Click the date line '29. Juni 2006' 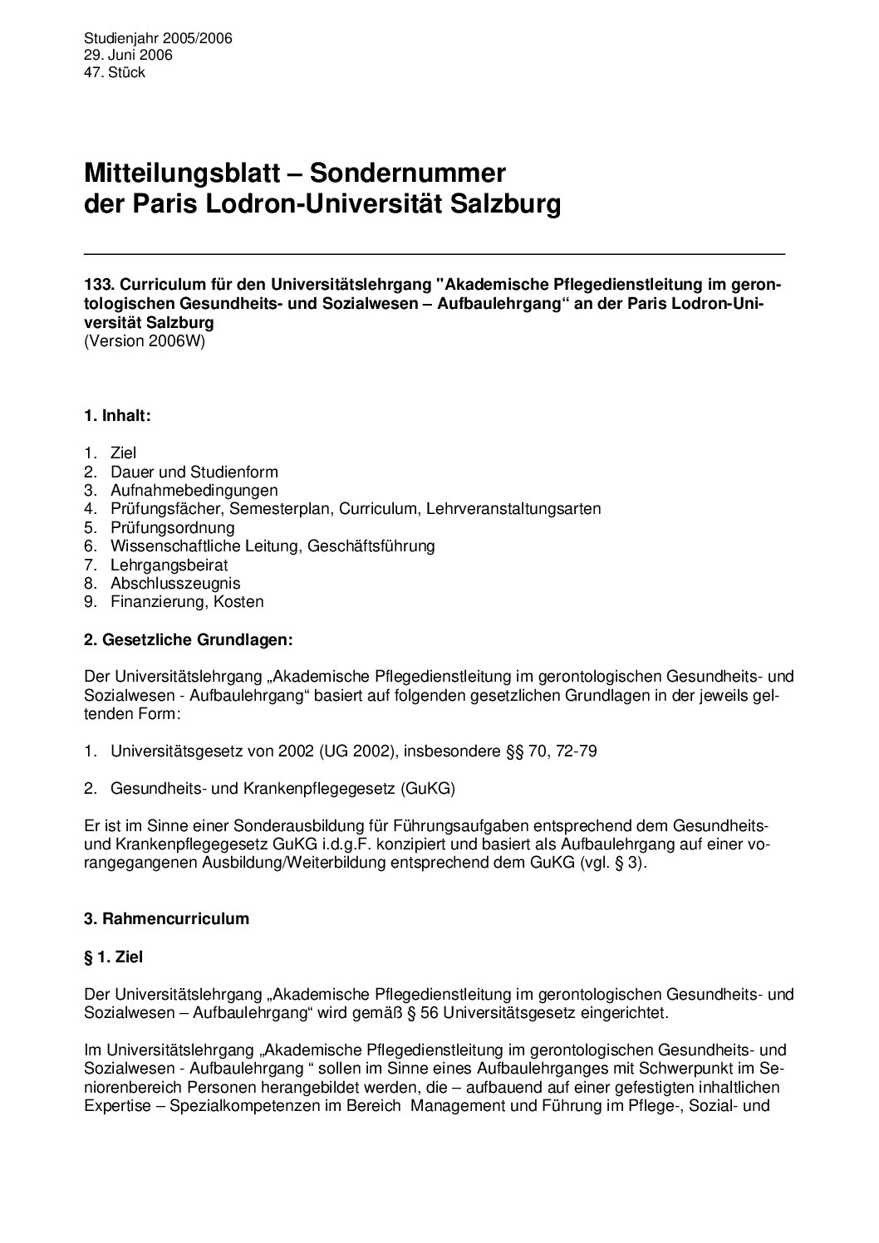pos(128,56)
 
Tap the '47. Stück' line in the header pos(115,73)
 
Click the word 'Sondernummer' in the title pos(408,174)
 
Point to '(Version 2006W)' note pos(144,340)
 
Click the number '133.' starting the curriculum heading pos(98,285)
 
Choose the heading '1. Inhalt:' pos(117,416)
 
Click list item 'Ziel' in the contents pos(123,453)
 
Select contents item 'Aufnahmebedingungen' pos(194,491)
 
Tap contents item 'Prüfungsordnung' pos(172,528)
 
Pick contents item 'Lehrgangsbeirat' pos(169,565)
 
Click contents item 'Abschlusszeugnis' pos(174,584)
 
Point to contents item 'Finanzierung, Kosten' pos(186,602)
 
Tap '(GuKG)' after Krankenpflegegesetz pos(428,790)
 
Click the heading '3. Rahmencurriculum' pos(166,919)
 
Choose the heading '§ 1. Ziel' pos(114,957)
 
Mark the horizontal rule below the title pos(435,252)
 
